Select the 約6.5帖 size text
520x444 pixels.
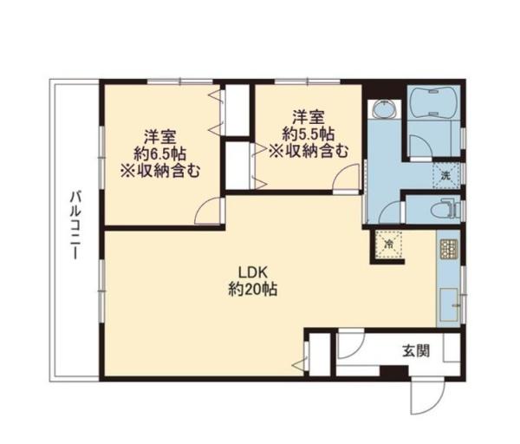tap(161, 153)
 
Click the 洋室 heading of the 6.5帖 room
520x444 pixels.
tap(161, 135)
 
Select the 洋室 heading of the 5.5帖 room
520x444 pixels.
tap(309, 115)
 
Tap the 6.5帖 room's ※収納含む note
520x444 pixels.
tap(161, 170)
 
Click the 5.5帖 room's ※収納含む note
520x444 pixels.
tap(309, 150)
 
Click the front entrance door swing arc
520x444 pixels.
tap(425, 395)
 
